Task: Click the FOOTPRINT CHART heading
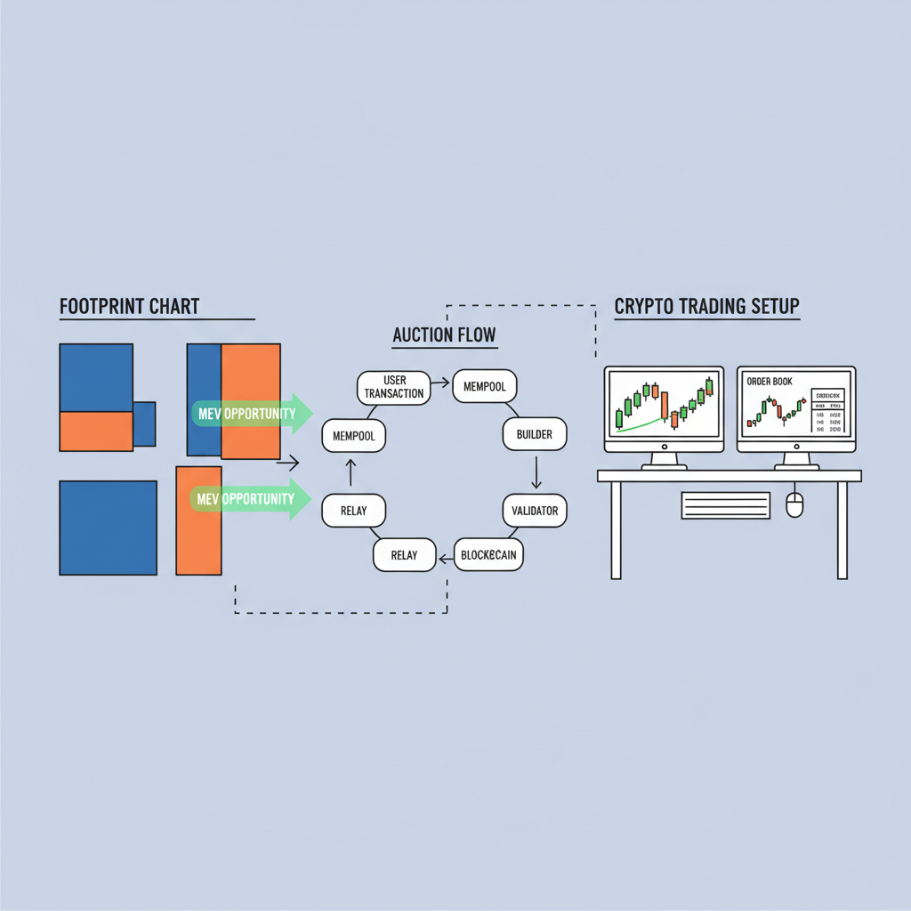click(130, 308)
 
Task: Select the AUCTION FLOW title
click(445, 336)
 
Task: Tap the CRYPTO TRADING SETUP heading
click(707, 307)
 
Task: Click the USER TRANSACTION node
click(393, 387)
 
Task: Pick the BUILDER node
click(534, 434)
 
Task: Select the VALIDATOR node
click(535, 511)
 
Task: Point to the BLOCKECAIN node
click(488, 555)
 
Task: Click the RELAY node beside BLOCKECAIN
click(404, 555)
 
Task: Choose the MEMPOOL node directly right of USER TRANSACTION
click(485, 387)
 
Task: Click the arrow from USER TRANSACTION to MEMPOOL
click(439, 387)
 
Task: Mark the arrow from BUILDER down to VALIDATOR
click(536, 472)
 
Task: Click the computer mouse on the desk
click(794, 505)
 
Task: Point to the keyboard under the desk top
click(725, 505)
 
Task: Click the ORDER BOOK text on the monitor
click(770, 382)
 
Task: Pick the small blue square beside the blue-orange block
click(144, 423)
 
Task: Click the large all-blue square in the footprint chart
click(107, 527)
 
